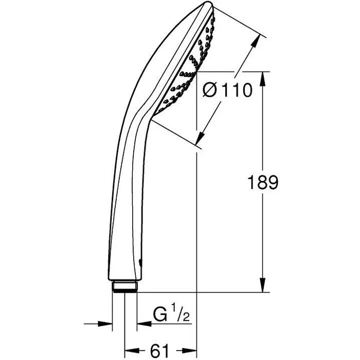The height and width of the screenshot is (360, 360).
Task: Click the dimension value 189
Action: (x=262, y=183)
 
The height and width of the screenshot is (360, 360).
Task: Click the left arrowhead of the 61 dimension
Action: (x=129, y=351)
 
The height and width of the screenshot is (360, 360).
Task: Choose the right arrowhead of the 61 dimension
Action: (x=192, y=351)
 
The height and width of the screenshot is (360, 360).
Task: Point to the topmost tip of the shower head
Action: (x=207, y=4)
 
